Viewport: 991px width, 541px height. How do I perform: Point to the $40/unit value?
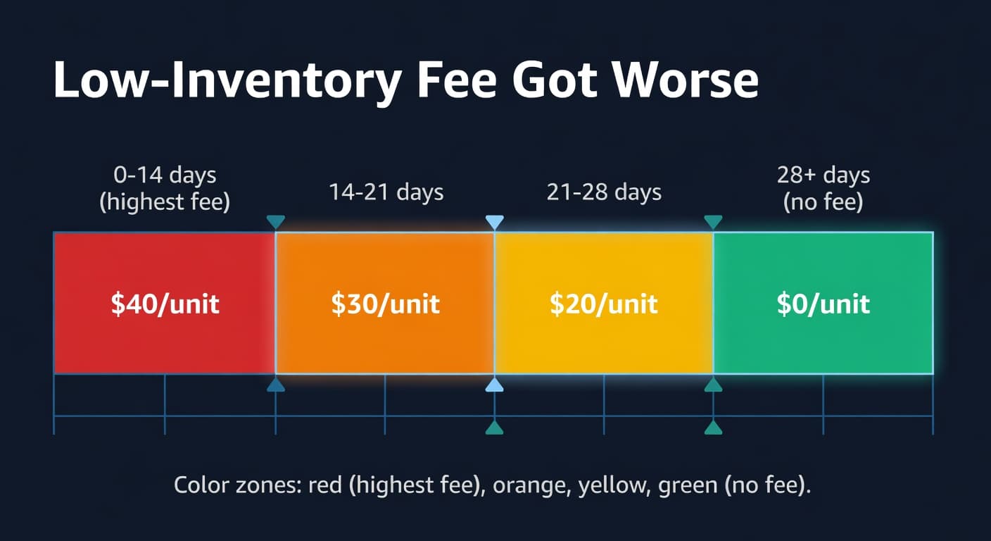[x=165, y=304]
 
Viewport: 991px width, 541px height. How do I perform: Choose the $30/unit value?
[x=385, y=304]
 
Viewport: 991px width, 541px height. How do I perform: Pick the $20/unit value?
[x=604, y=304]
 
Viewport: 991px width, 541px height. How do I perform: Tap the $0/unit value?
[x=823, y=304]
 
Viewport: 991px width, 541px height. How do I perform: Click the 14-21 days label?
[x=386, y=192]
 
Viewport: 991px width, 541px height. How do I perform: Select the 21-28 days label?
[x=604, y=192]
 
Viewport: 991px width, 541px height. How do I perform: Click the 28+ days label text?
[x=823, y=175]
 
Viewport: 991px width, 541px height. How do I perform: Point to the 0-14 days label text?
[x=165, y=175]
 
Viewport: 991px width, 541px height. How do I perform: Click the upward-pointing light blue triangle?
[x=495, y=385]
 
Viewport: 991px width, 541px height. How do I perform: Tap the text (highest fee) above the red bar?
[x=165, y=202]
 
